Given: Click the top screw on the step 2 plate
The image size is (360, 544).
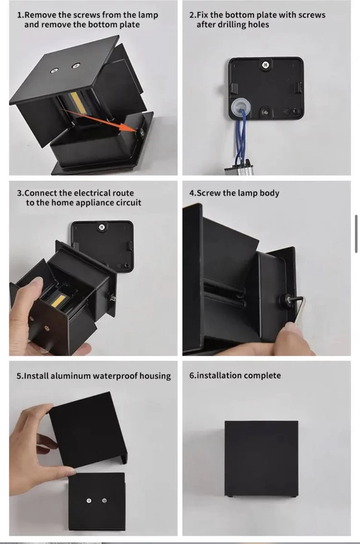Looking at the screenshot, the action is pyautogui.click(x=265, y=64).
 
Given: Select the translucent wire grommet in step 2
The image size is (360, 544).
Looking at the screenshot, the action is pyautogui.click(x=240, y=107).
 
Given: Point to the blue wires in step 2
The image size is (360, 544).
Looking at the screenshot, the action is pyautogui.click(x=241, y=136).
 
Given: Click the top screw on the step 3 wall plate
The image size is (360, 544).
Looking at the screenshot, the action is pyautogui.click(x=102, y=227).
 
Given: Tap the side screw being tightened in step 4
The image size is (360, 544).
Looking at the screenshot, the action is pyautogui.click(x=287, y=299).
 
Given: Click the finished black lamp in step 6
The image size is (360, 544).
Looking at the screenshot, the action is pyautogui.click(x=261, y=458).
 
